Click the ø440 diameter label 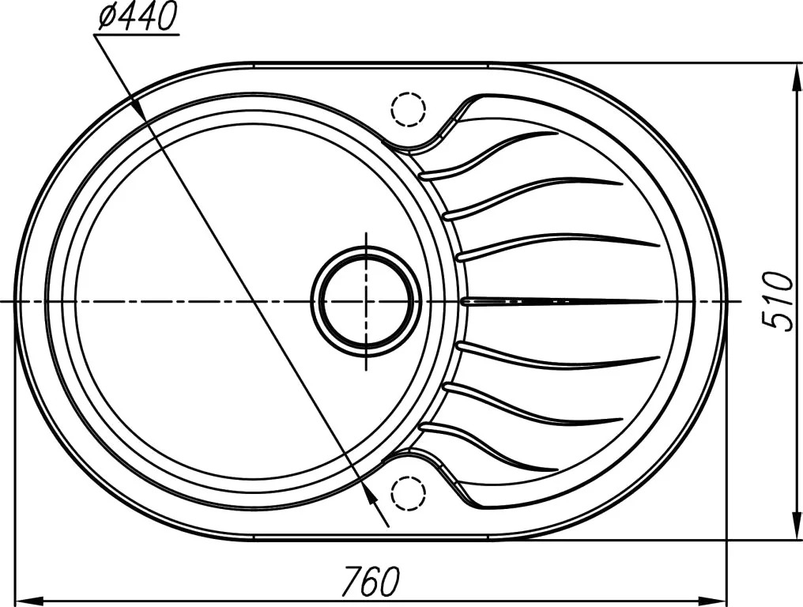[136, 17]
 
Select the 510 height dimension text [778, 301]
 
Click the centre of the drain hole [366, 302]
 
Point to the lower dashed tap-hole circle [408, 494]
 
